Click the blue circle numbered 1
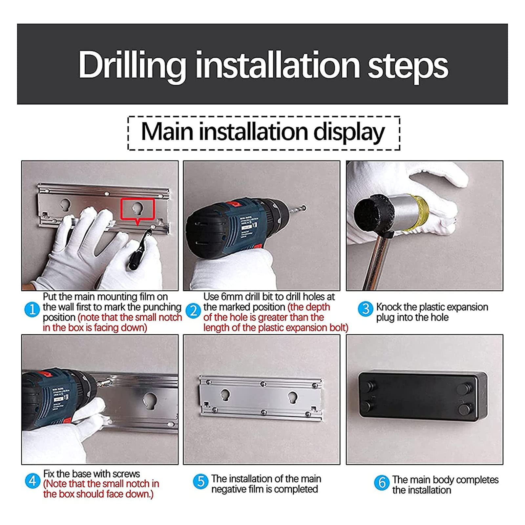coord(32,309)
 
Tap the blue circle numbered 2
coord(193,310)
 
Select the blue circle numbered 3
coord(366,309)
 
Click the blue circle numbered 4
coord(32,481)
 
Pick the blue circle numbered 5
coord(200,481)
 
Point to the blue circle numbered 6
coord(382,483)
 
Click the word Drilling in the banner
coord(132,66)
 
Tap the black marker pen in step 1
coord(140,249)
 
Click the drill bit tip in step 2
coord(305,207)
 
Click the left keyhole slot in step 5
coord(225,395)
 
